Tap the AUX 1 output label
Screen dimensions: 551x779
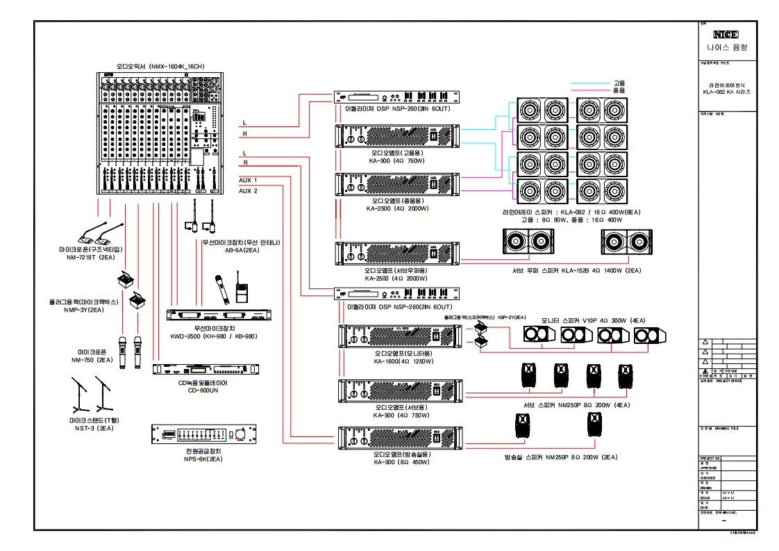[248, 180]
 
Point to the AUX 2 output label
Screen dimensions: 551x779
[248, 190]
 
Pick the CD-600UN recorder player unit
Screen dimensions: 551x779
[208, 370]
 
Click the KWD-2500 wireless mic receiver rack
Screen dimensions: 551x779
[219, 315]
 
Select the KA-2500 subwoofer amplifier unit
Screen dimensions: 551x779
[398, 254]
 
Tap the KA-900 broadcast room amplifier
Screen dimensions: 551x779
[398, 438]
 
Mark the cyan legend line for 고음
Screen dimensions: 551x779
[590, 83]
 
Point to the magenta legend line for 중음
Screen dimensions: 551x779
[590, 90]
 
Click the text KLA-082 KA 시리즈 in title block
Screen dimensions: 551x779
[726, 92]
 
